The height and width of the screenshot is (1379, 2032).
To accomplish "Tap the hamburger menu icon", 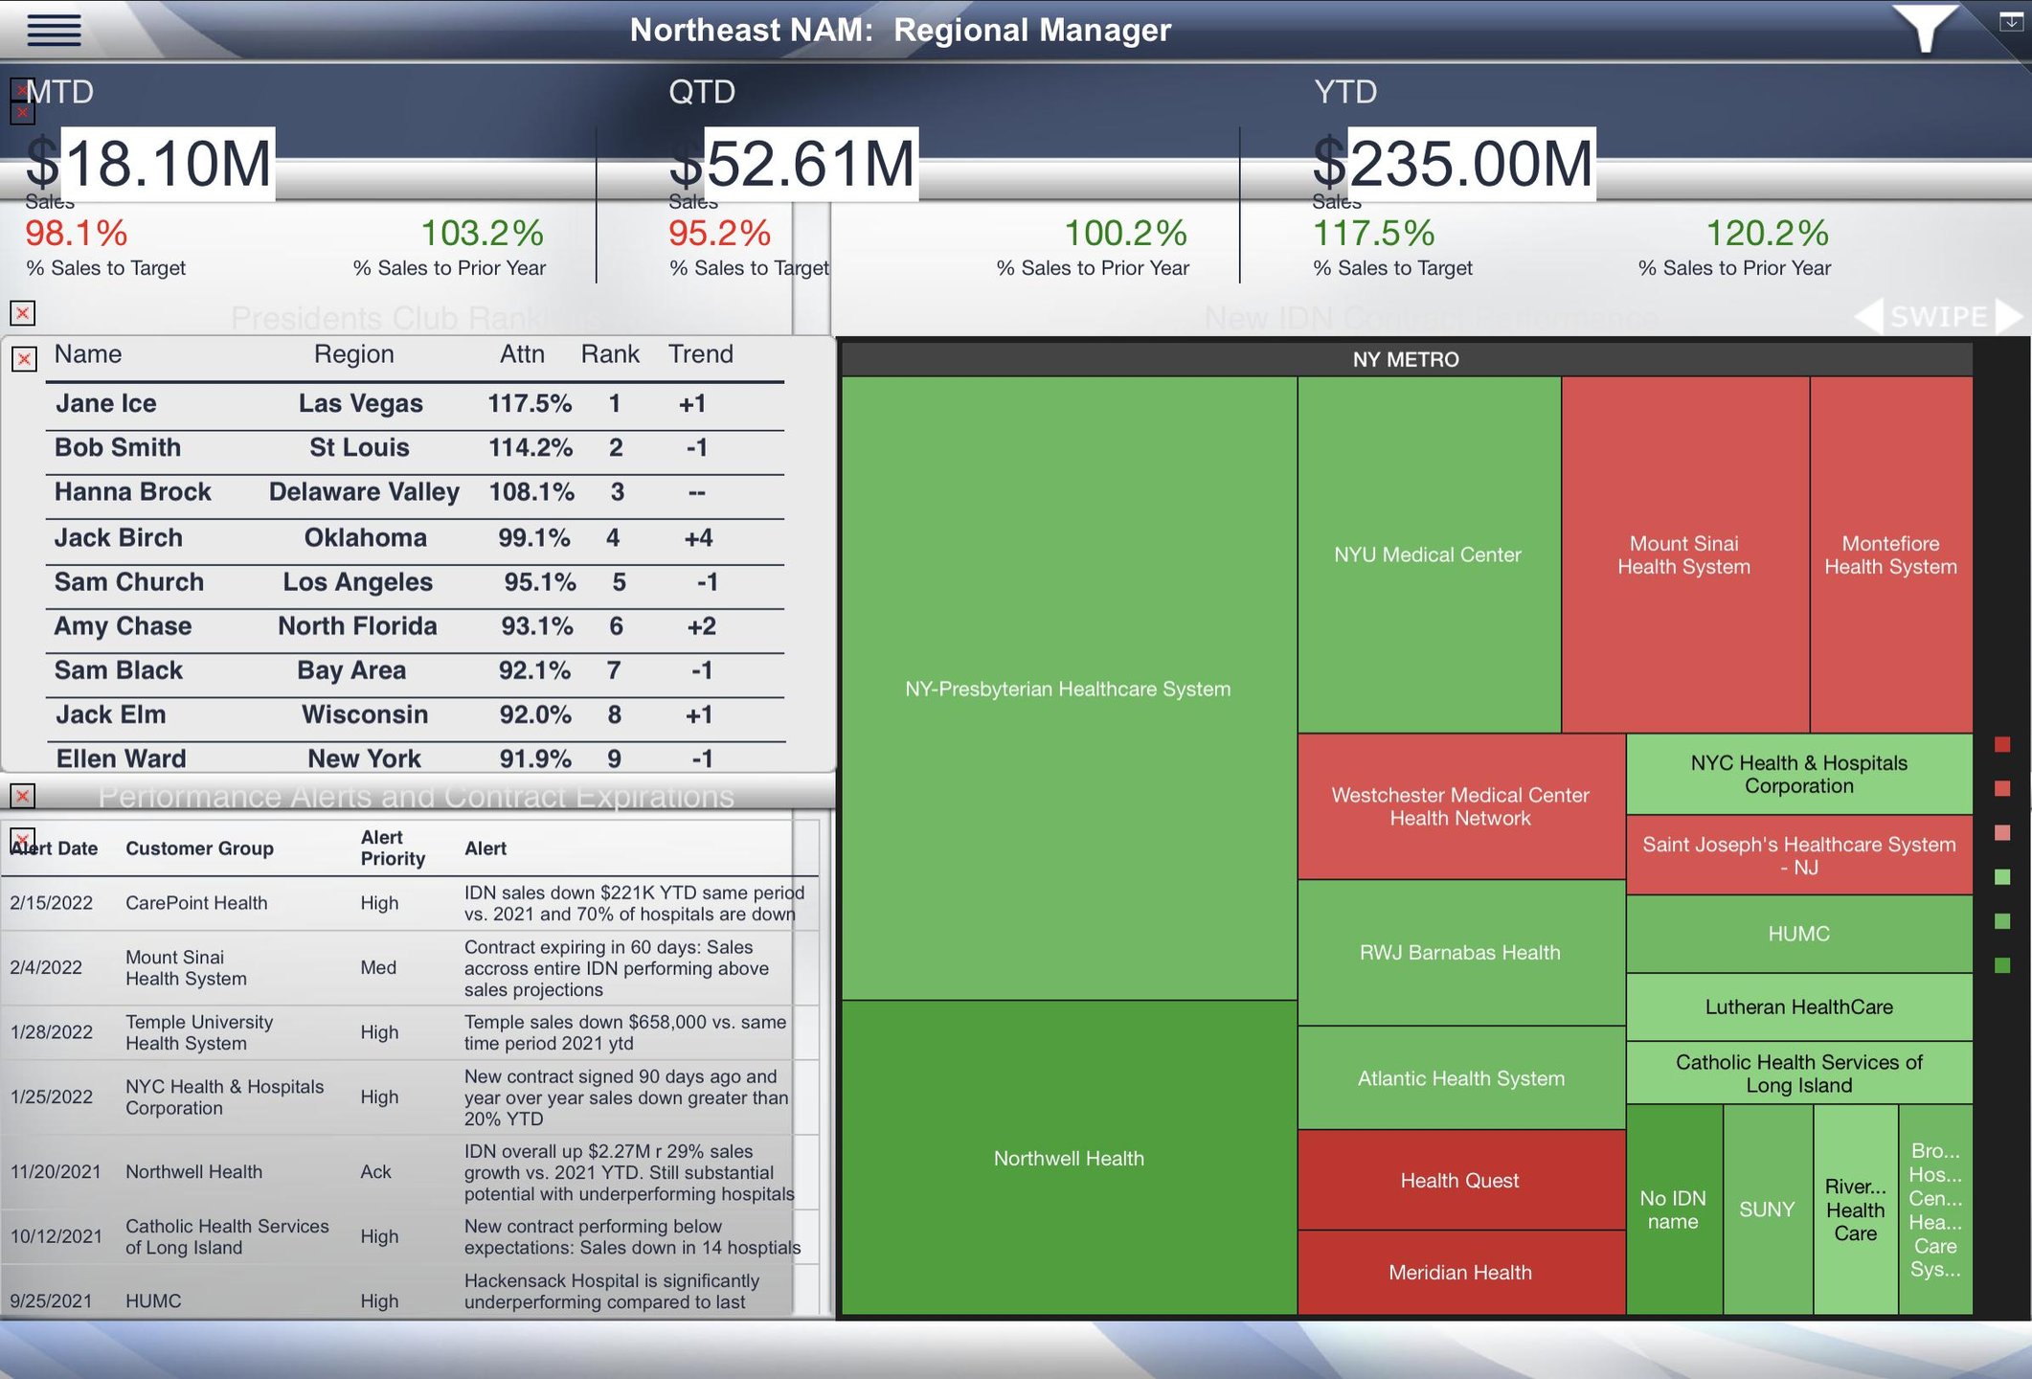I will tap(54, 30).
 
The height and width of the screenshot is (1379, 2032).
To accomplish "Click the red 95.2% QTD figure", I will tap(719, 233).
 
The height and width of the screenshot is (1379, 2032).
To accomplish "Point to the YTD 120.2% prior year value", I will tap(1767, 233).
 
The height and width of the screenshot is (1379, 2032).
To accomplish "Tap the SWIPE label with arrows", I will tap(1938, 316).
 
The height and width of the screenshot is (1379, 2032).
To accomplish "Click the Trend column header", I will tap(700, 354).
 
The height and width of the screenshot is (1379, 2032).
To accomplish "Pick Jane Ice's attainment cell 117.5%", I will tap(530, 403).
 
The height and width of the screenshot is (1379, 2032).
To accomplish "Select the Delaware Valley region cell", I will tap(364, 492).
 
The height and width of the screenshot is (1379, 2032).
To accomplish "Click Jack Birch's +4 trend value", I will tap(698, 537).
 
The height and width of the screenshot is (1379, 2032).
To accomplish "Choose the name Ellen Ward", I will tap(121, 758).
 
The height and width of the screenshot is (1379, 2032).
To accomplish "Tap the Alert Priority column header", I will tap(393, 848).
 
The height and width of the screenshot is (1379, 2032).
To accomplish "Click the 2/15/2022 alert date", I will tap(52, 903).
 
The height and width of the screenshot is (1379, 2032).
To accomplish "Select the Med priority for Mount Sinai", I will tap(378, 967).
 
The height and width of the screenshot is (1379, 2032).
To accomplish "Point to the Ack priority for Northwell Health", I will tap(375, 1171).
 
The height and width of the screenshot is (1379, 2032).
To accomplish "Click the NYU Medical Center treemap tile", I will tap(1428, 554).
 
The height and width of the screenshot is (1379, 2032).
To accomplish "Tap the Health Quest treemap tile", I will tap(1459, 1181).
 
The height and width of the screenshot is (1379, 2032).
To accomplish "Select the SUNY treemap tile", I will tap(1767, 1209).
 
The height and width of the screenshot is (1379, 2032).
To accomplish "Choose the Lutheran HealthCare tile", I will tap(1798, 1006).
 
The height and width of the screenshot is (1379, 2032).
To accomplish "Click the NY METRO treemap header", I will tap(1406, 359).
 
